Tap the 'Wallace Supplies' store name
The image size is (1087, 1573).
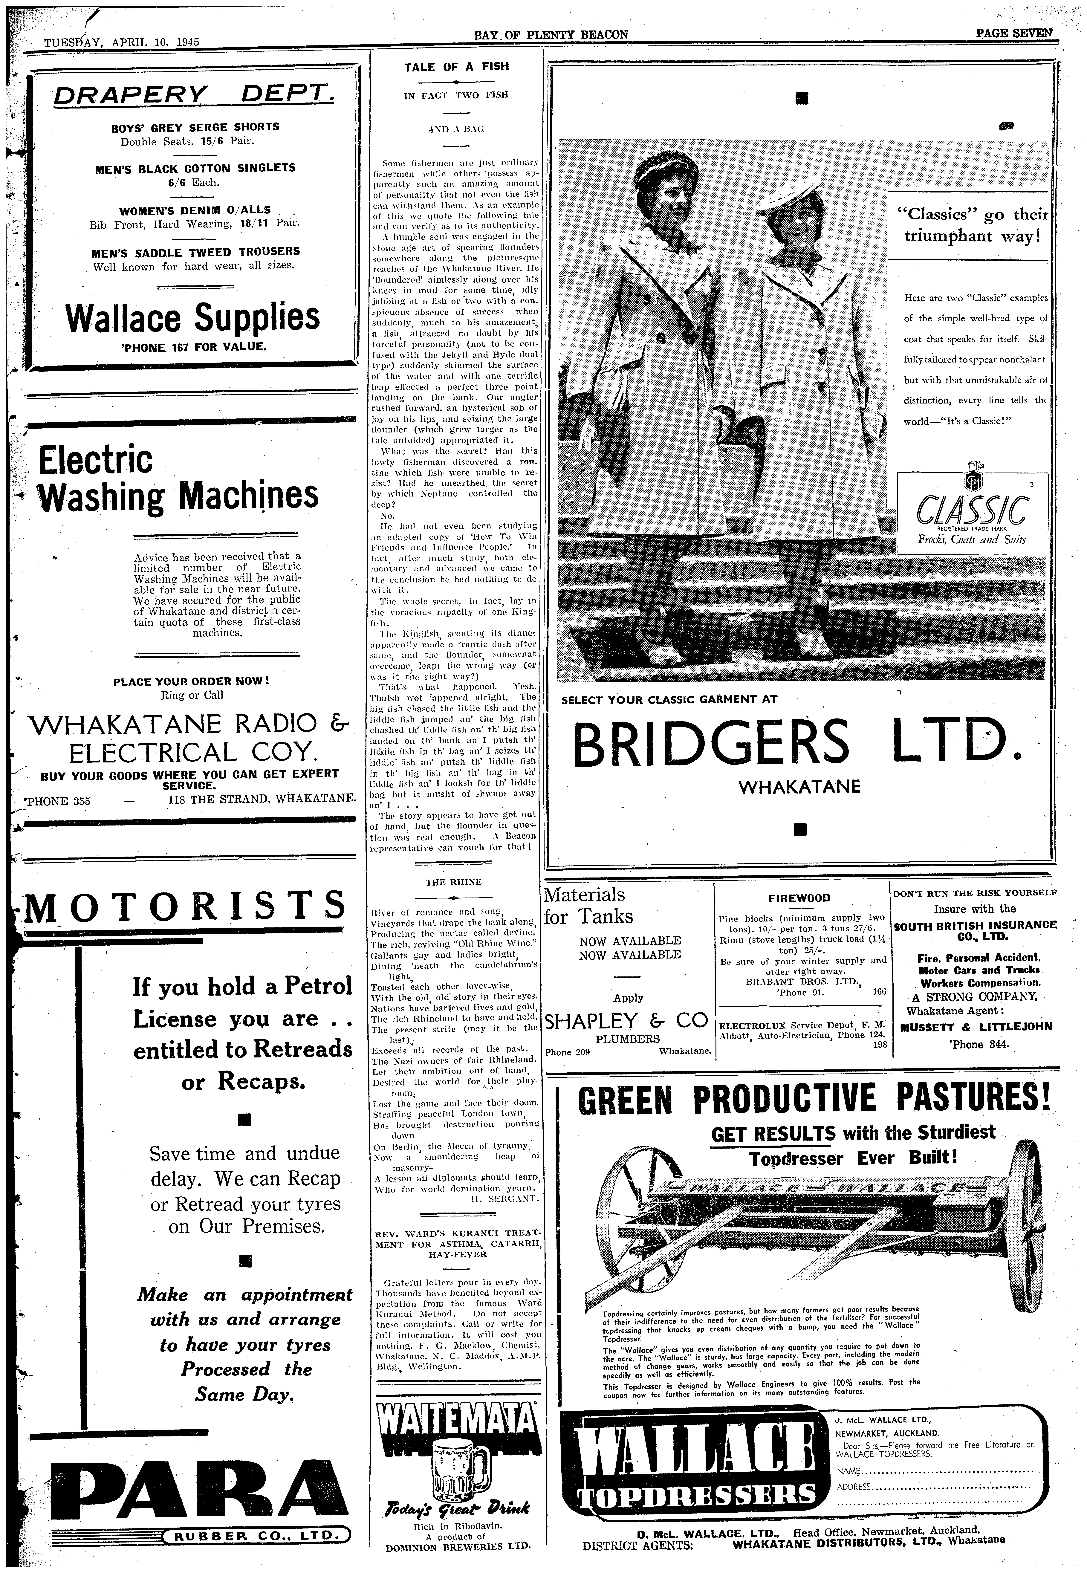pyautogui.click(x=193, y=318)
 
